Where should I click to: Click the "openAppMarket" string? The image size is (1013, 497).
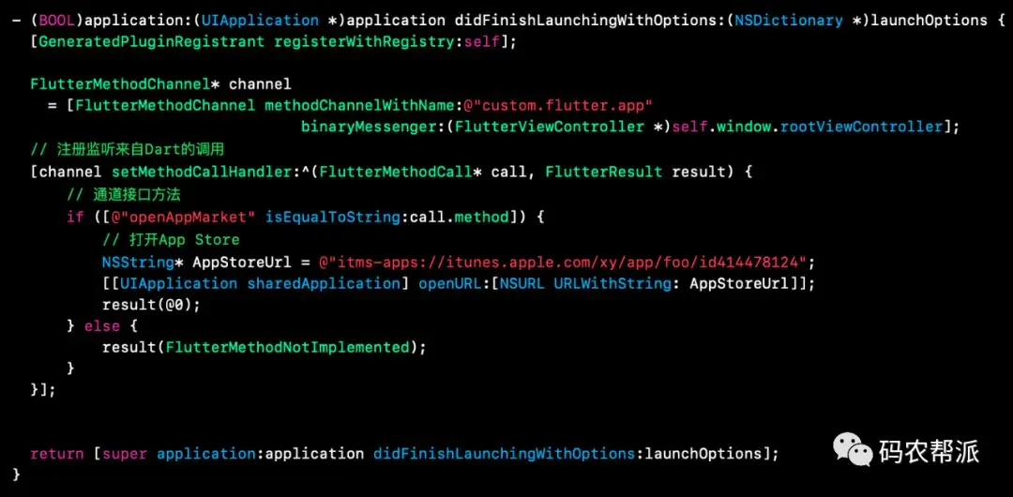pos(204,218)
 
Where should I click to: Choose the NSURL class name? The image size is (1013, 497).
pos(522,283)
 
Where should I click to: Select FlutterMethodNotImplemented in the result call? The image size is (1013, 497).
pos(288,347)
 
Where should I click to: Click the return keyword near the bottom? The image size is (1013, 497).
pos(57,454)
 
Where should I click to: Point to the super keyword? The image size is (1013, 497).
pos(125,454)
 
